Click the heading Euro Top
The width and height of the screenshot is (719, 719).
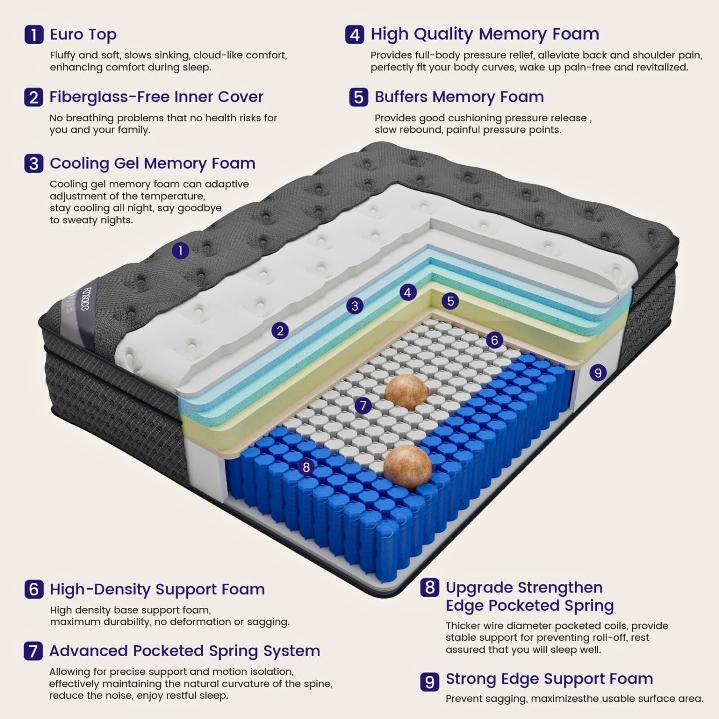click(83, 35)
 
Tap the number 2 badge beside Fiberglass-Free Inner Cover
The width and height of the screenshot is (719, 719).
click(33, 97)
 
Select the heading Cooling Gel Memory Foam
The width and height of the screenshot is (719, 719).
click(152, 163)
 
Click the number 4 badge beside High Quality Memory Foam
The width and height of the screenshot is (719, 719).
click(354, 35)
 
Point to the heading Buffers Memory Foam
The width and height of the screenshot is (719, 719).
click(459, 97)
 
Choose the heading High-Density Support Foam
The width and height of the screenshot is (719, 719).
click(157, 589)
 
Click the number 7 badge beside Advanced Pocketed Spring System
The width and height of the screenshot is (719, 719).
click(33, 651)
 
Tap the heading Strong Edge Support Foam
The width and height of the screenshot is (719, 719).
click(549, 679)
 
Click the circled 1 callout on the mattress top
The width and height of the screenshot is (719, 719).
click(181, 250)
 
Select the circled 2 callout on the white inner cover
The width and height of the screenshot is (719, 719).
click(280, 330)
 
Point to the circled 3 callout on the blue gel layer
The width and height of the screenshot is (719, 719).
click(355, 306)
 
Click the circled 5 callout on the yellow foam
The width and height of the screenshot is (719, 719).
click(450, 301)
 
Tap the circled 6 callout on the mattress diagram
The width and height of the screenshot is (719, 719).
click(495, 340)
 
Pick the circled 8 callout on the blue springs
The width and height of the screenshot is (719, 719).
click(306, 467)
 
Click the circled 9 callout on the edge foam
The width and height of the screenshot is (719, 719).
click(597, 372)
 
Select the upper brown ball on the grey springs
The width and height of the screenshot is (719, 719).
click(406, 392)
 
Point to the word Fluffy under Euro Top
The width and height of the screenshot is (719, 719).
click(62, 55)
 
